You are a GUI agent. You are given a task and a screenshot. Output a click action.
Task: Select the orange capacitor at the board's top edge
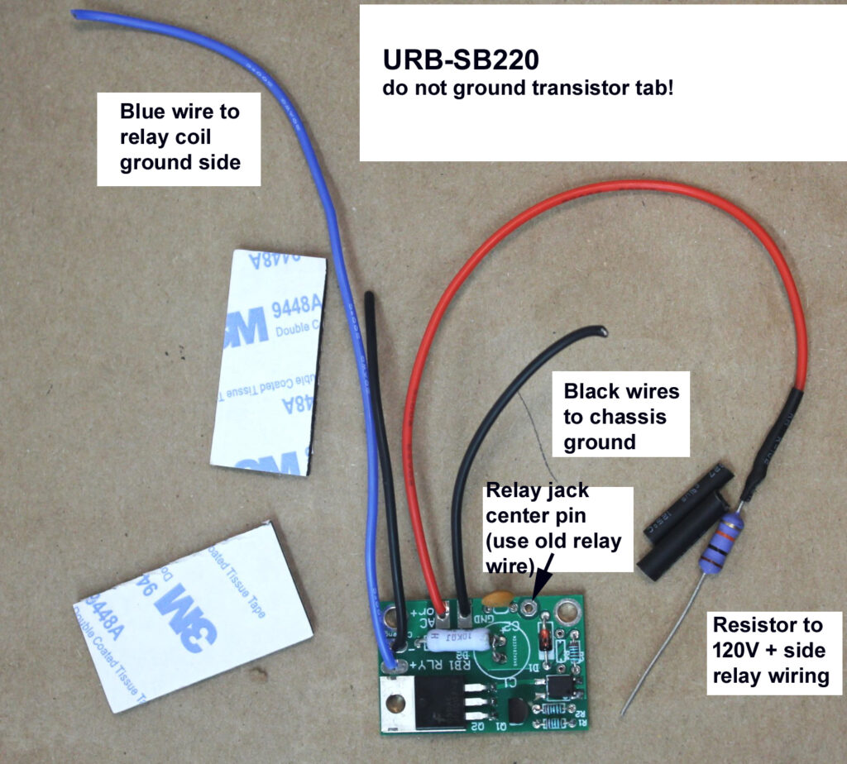point(499,597)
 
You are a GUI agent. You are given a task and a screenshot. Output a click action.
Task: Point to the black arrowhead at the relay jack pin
point(540,586)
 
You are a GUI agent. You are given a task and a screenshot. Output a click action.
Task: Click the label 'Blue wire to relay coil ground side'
point(179,136)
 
